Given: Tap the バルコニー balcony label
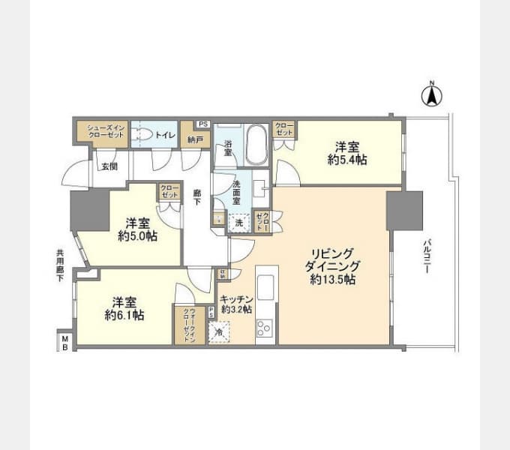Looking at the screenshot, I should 425,256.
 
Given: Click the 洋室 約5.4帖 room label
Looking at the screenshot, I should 346,153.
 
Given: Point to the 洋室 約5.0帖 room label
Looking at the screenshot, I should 136,229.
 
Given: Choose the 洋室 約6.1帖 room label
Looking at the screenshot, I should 124,308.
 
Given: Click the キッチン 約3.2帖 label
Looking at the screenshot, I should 235,304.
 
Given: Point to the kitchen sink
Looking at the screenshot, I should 266,288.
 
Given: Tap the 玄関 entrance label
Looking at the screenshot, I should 109,166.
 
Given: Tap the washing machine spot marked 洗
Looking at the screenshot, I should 239,222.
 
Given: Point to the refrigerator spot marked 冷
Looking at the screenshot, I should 219,330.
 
